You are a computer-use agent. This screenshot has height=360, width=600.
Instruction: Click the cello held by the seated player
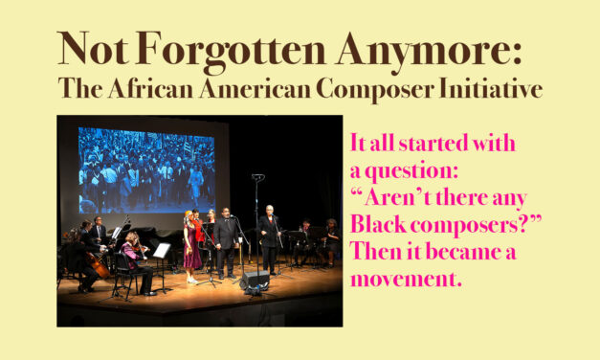tap(100, 263)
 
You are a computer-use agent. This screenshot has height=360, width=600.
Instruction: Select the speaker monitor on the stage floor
tap(255, 280)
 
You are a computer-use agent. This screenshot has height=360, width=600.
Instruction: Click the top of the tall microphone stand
tap(256, 178)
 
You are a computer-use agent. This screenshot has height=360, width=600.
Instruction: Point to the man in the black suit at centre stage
tap(226, 244)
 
